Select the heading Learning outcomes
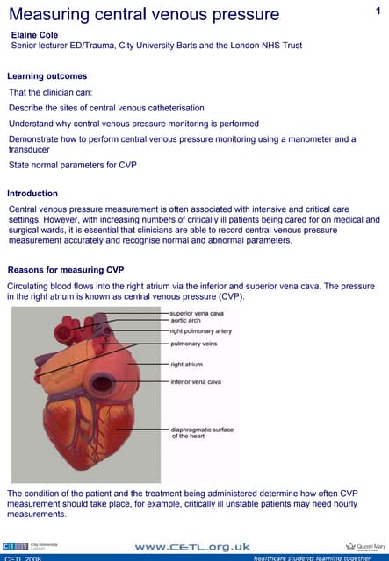coord(47,76)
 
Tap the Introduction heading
coord(32,194)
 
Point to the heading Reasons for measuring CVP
coord(59,269)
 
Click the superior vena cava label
coord(197,313)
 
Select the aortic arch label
coord(186,321)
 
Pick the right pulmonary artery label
coord(201,331)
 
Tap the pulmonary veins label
coord(193,344)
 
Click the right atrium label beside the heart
coord(186,364)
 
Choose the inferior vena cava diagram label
coord(195,382)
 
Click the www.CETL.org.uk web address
coord(192,546)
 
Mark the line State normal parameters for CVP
coord(73,165)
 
